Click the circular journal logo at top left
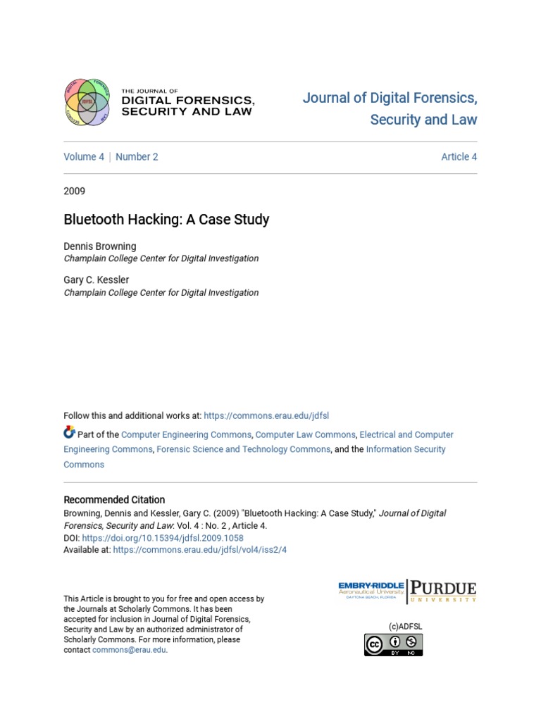point(87,101)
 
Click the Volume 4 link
point(84,157)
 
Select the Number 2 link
point(137,157)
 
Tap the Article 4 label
point(459,157)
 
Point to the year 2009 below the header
point(75,191)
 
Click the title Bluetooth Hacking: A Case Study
point(166,219)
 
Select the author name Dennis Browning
point(100,246)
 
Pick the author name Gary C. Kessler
point(97,280)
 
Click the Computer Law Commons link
point(305,434)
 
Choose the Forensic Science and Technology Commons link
point(243,449)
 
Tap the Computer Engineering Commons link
point(186,434)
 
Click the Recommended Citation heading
point(114,500)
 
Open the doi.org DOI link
point(163,538)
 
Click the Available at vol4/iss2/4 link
point(200,550)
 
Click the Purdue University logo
point(444,591)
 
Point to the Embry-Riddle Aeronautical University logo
point(371,591)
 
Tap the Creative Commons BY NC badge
point(393,644)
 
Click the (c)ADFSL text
point(405,626)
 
